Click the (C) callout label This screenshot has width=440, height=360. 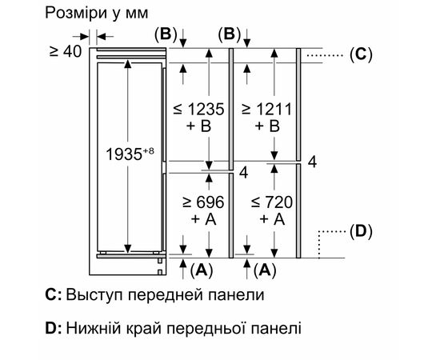360,54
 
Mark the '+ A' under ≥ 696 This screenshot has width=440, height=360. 205,218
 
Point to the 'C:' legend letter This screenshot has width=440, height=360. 54,295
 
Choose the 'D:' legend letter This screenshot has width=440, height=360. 54,327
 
